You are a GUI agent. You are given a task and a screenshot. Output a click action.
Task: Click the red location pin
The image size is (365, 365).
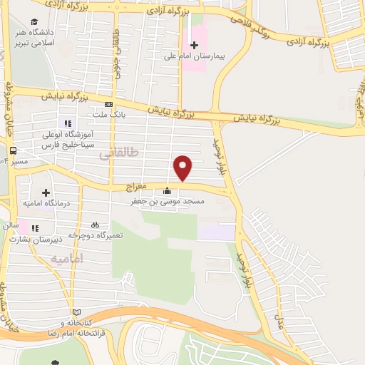coord(183,168)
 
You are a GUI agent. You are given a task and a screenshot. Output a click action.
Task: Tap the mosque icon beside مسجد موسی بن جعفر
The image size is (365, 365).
coord(167,191)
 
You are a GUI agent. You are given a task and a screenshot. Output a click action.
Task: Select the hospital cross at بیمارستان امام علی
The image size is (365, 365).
coord(194,44)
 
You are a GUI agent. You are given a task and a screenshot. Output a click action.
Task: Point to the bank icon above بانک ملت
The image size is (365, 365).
coord(108,104)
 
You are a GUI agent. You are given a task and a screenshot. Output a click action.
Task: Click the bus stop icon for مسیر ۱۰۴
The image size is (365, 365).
coord(13,150)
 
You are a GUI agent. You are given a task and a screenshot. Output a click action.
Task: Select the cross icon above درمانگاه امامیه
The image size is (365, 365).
coord(46,192)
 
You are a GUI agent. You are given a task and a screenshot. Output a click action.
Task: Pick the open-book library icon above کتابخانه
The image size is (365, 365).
coord(77,312)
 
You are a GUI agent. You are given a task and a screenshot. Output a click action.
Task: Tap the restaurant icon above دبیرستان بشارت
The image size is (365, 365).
coord(34,228)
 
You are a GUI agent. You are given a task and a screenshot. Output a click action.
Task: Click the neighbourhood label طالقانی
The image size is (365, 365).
coord(115,154)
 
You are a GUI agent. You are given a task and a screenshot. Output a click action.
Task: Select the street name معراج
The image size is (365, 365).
coord(135,187)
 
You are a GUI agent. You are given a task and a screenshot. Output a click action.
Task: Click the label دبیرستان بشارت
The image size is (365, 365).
coord(34,240)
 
